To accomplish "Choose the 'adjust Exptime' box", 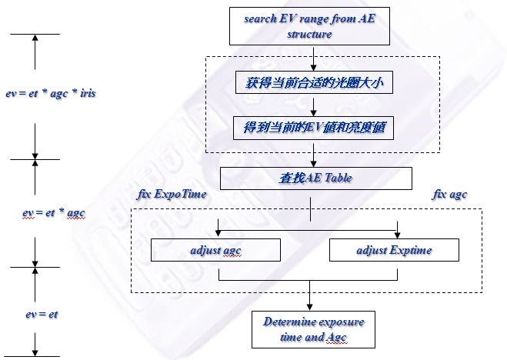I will coord(394,250).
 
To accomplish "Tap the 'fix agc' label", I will coord(450,195).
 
